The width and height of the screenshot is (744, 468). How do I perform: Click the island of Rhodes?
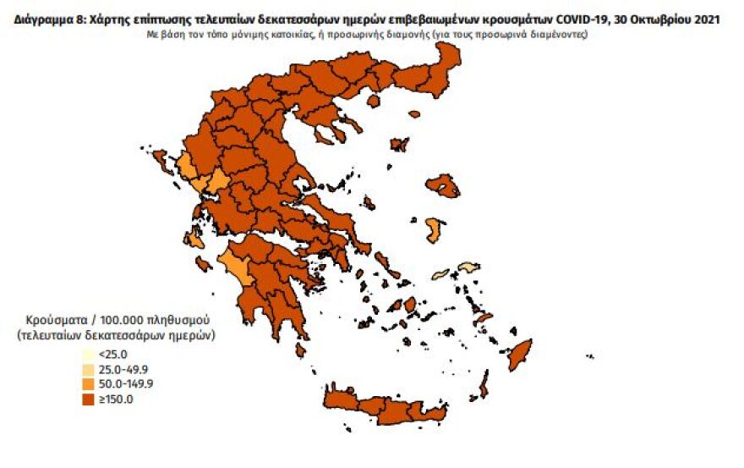519,355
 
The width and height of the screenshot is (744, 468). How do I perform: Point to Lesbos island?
442,184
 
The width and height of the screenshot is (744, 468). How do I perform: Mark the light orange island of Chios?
435,230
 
